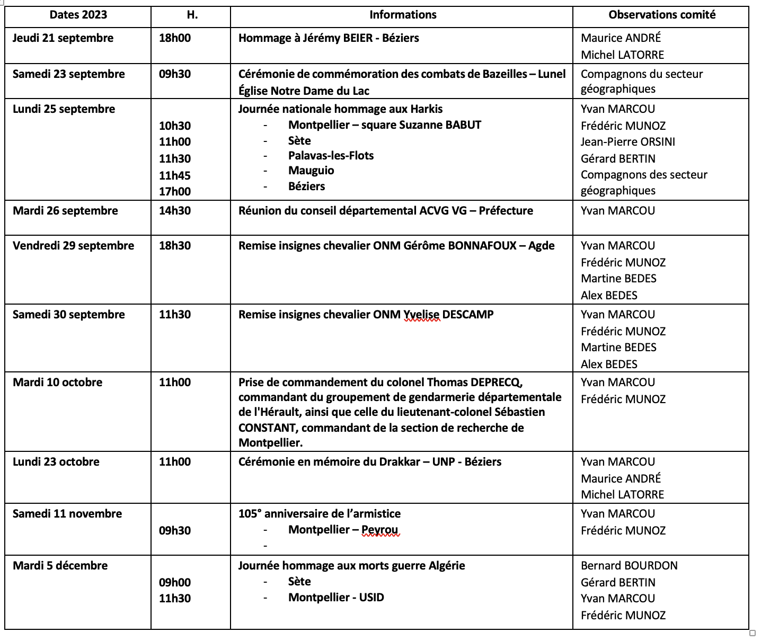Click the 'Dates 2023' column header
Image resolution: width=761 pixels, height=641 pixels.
pos(78,15)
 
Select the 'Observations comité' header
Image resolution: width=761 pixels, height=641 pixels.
pos(662,15)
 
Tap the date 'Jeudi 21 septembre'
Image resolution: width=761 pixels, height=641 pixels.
pos(63,38)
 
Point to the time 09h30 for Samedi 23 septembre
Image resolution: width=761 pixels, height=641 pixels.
pos(175,74)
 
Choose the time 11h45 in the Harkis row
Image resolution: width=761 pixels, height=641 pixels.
pos(175,175)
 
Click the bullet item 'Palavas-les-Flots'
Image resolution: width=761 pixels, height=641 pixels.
pos(331,156)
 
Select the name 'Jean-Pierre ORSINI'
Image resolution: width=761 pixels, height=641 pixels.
pos(628,142)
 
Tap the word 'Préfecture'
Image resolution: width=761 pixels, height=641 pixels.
pos(506,211)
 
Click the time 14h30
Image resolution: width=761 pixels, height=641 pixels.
pos(175,211)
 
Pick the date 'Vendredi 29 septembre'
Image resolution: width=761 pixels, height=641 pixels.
pos(74,246)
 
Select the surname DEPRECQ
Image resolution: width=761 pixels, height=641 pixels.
pos(497,382)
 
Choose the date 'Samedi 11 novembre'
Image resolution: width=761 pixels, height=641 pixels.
pos(67,514)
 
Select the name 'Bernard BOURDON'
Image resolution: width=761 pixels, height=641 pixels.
pos(629,566)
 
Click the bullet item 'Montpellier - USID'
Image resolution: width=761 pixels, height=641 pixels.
pos(336,598)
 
